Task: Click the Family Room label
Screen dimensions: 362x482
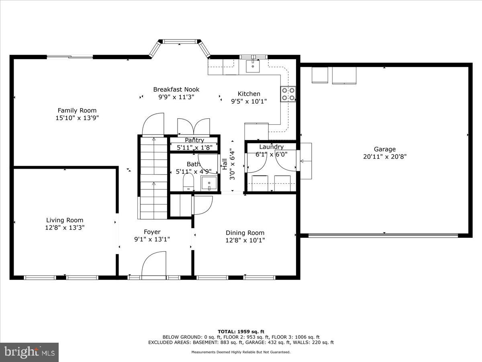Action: [77, 110]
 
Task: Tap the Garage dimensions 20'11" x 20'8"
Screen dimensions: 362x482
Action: [385, 157]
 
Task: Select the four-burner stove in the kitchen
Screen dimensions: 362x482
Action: [288, 94]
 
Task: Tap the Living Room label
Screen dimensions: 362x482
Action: [65, 220]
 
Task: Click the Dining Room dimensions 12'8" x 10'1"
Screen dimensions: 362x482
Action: [245, 240]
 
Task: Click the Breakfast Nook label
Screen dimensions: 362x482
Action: [176, 89]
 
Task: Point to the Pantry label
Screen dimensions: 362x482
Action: [194, 140]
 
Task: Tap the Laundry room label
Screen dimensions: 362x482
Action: [271, 147]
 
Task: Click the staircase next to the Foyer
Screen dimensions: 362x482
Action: [153, 177]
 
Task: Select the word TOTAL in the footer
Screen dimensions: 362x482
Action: [227, 331]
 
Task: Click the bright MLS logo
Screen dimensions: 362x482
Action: [29, 352]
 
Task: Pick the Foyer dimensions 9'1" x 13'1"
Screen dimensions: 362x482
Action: [152, 239]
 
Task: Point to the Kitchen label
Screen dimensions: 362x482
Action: [249, 94]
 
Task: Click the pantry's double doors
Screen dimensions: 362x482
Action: [194, 126]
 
